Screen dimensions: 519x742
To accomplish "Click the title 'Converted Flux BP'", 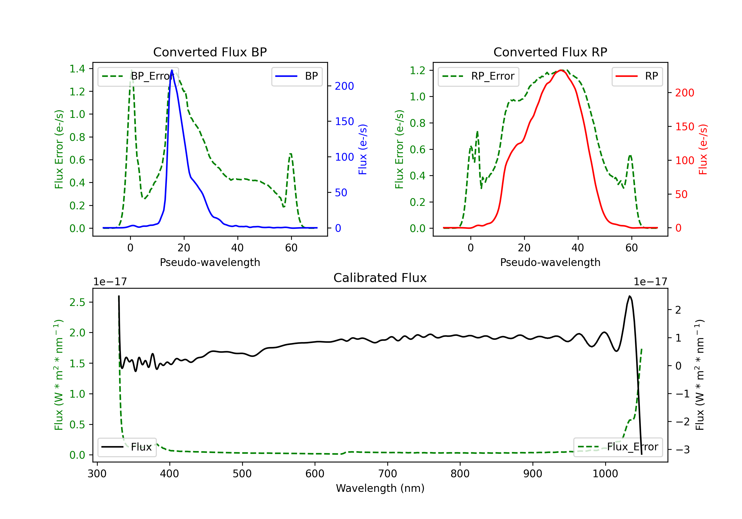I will pyautogui.click(x=210, y=52).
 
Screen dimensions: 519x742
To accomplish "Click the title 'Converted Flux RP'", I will pyautogui.click(x=550, y=52).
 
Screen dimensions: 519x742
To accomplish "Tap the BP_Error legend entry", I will pyautogui.click(x=138, y=76).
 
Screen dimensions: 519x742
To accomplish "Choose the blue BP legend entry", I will pyautogui.click(x=297, y=76).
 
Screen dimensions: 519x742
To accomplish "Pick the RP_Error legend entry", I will pyautogui.click(x=478, y=76).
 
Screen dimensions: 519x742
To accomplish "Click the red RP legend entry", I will pyautogui.click(x=637, y=76).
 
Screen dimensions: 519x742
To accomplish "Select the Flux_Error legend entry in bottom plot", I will pyautogui.click(x=618, y=447).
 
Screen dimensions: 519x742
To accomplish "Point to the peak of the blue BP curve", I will pyautogui.click(x=172, y=70).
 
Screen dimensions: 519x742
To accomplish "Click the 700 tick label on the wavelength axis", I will pyautogui.click(x=388, y=474).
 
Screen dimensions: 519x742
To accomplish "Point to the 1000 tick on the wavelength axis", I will pyautogui.click(x=605, y=474).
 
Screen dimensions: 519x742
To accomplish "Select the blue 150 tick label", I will pyautogui.click(x=344, y=121).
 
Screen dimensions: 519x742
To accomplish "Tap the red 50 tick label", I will pyautogui.click(x=681, y=194).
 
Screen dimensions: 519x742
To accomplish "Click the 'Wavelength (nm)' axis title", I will pyautogui.click(x=380, y=488).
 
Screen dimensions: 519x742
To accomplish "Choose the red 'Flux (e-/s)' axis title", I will pyautogui.click(x=703, y=149).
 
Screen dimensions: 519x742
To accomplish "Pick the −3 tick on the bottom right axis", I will pyautogui.click(x=683, y=450).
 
